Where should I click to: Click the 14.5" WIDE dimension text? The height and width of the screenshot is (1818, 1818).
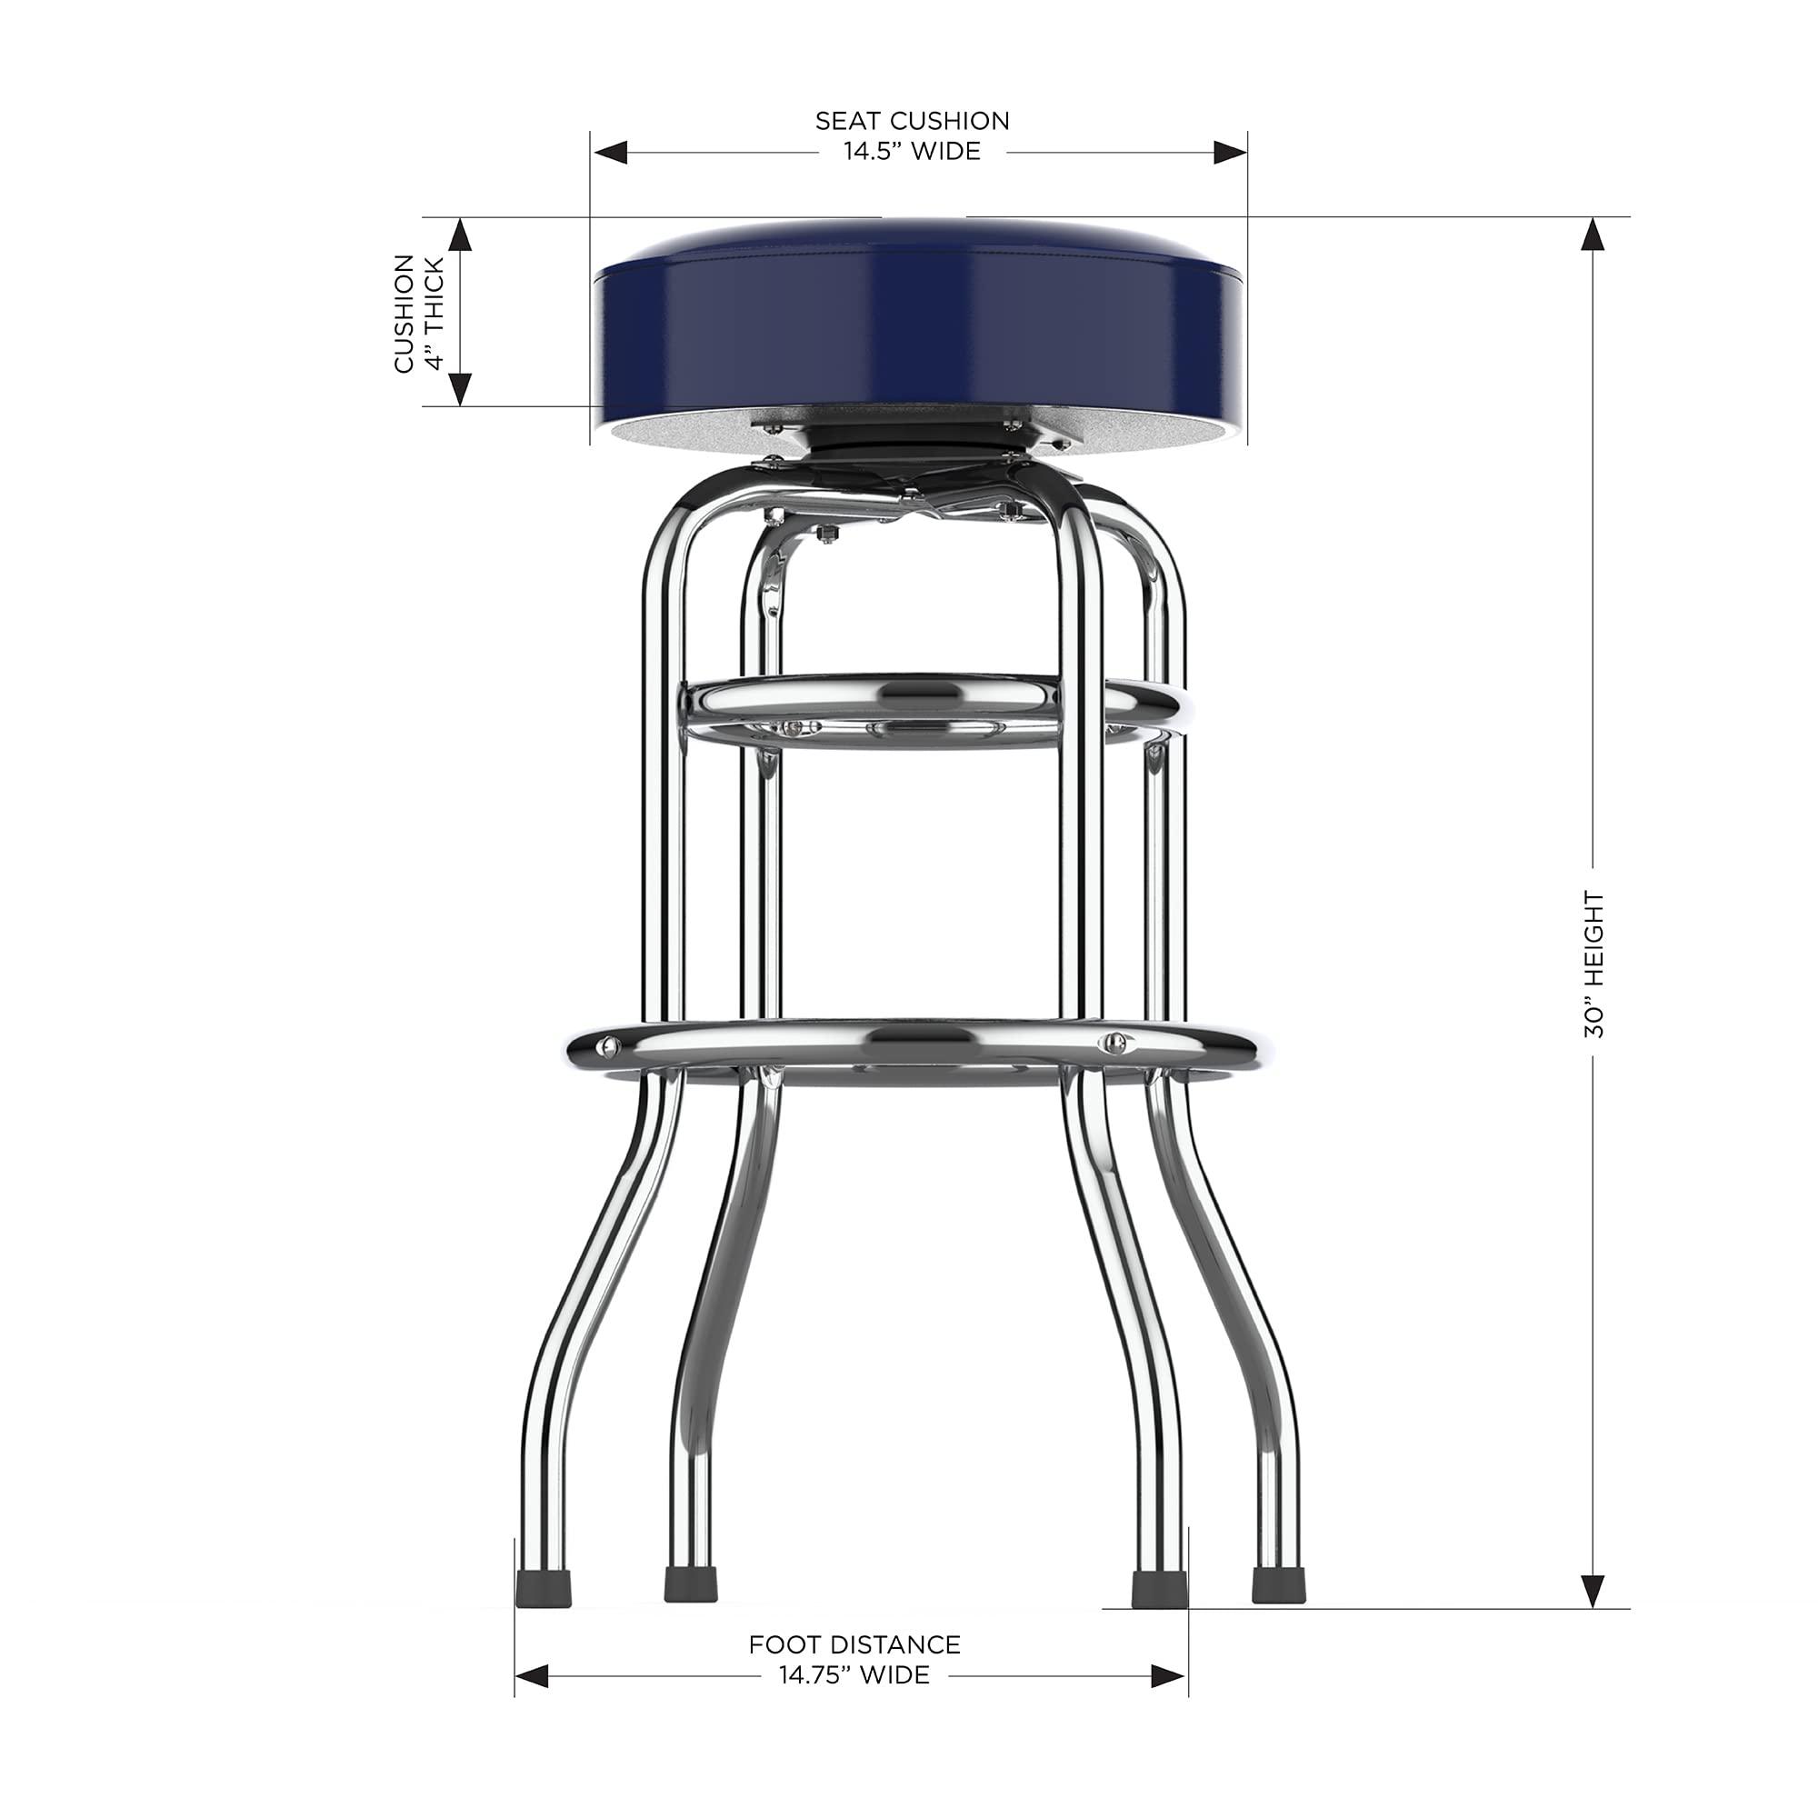pyautogui.click(x=911, y=152)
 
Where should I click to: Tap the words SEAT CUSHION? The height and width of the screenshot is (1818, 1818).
pyautogui.click(x=911, y=121)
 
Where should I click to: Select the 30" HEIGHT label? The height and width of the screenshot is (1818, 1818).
pyautogui.click(x=1593, y=964)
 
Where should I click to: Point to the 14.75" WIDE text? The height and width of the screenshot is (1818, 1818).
pyautogui.click(x=854, y=1675)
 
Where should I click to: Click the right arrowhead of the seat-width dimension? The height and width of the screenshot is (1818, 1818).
pyautogui.click(x=1230, y=153)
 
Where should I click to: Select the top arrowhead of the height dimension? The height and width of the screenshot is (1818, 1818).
pyautogui.click(x=1593, y=234)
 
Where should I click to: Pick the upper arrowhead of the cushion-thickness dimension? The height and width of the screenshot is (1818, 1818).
pyautogui.click(x=459, y=235)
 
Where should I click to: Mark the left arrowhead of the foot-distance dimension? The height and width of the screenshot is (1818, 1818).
pyautogui.click(x=533, y=1676)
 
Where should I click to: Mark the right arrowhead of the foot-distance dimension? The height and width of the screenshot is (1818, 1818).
pyautogui.click(x=1169, y=1676)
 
